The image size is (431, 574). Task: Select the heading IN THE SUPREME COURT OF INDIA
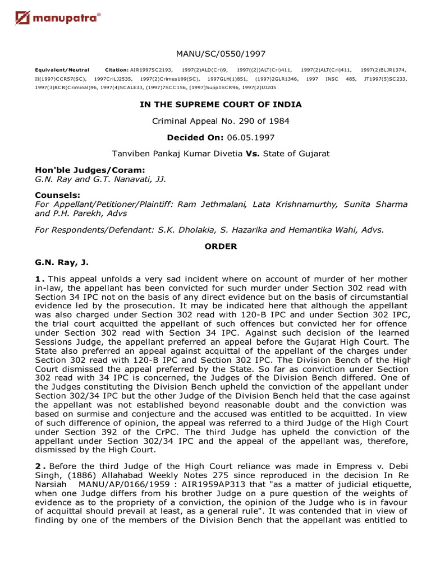[221, 104]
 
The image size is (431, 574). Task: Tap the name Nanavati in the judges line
[134, 179]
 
